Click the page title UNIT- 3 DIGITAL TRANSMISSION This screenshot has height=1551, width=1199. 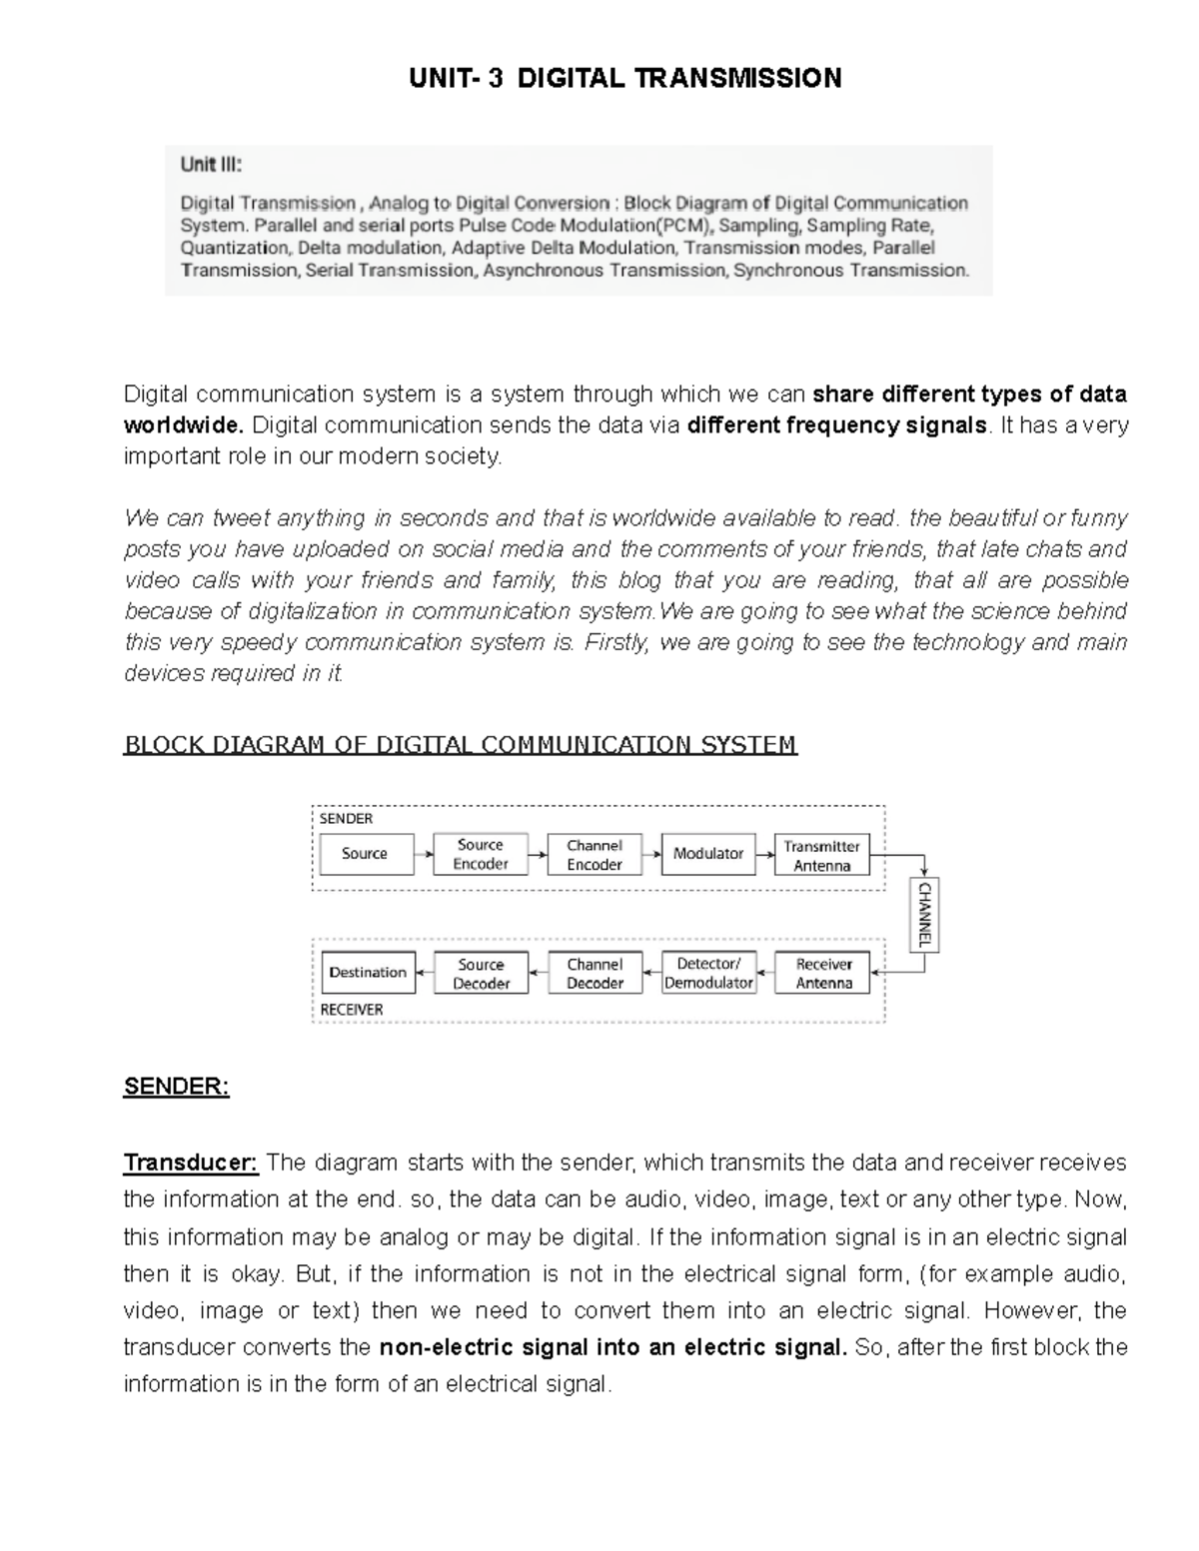point(625,78)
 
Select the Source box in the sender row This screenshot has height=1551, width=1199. point(366,854)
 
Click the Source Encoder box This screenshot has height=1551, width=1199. point(481,854)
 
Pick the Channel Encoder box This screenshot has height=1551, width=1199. point(595,855)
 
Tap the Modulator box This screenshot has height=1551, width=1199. point(708,854)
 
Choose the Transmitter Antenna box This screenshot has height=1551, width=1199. point(822,856)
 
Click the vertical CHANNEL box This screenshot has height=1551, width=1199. point(924,915)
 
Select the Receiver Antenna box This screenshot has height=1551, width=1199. point(823,973)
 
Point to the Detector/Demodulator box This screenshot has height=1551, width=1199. point(708,973)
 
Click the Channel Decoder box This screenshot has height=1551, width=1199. point(595,973)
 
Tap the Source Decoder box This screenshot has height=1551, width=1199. point(481,974)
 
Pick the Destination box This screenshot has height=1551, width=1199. point(368,973)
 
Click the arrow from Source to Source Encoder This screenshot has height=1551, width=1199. point(424,854)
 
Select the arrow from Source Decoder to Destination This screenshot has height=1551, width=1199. point(425,973)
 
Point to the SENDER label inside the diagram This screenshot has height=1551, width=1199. point(346,819)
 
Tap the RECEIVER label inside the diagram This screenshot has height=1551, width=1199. point(351,1010)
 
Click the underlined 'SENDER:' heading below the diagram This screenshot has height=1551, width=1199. point(176,1088)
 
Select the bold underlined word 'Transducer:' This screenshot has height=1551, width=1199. point(191,1163)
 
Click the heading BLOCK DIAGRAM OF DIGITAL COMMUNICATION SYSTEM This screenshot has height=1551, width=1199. point(460,745)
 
